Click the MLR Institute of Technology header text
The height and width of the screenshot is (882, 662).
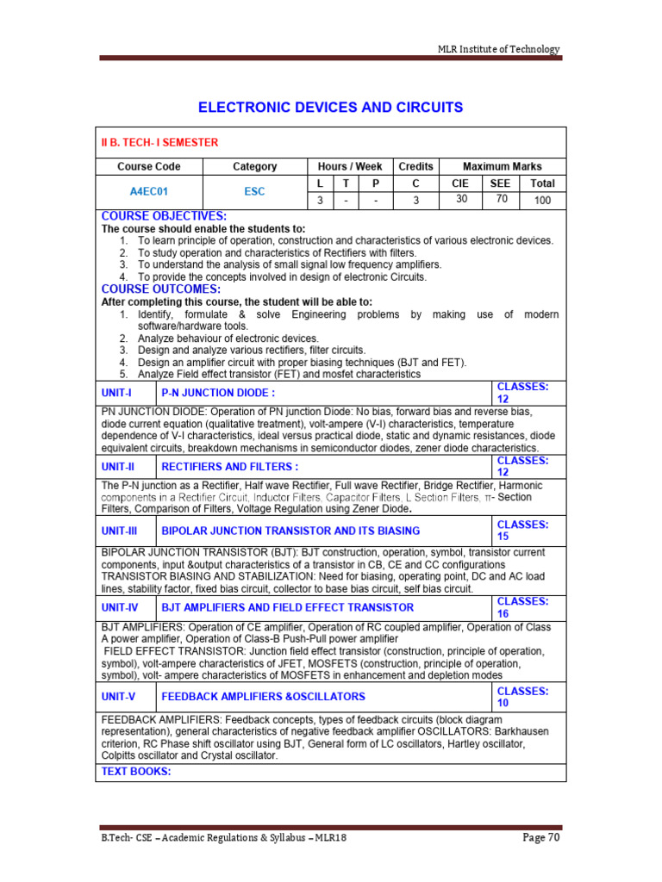point(499,49)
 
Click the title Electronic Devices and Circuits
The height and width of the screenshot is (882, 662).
point(331,108)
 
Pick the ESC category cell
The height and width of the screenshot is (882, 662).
point(254,192)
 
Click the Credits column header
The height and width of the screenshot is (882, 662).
point(415,166)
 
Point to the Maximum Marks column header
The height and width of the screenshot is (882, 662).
point(503,166)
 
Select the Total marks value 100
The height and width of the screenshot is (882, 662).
point(542,201)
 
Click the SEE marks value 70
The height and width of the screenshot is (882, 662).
point(500,199)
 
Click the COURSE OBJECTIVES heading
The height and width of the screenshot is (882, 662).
point(164,216)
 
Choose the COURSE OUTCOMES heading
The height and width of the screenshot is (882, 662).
point(161,289)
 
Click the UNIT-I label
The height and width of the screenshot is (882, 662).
point(117,392)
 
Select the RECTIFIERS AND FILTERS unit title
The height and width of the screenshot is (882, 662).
point(230,467)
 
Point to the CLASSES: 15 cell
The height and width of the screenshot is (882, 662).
point(522,530)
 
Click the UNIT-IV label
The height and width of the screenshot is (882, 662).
point(120,607)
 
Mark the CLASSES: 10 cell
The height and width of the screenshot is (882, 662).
point(522,697)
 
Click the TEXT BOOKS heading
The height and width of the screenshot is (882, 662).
point(136,771)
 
